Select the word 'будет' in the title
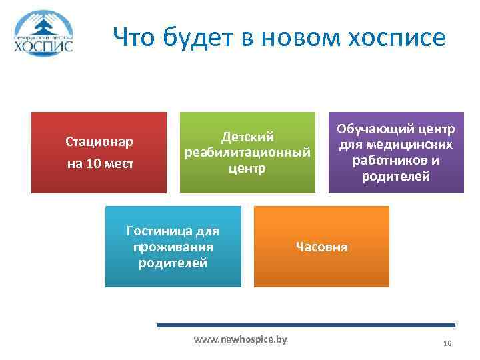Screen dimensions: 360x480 (192, 37)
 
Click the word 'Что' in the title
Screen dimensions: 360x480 (133, 37)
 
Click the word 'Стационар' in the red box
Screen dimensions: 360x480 (99, 141)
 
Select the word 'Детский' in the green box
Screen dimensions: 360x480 (248, 137)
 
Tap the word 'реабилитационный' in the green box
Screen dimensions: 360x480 (248, 153)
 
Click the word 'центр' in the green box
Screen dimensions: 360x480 (248, 169)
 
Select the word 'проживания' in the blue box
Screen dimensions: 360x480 (173, 247)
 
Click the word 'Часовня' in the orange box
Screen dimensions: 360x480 (321, 247)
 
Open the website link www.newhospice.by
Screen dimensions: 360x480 (240, 339)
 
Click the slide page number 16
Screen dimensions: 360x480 (447, 343)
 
